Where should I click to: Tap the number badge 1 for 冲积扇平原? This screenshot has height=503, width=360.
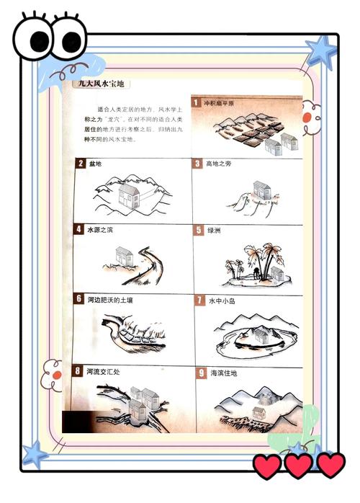(x=196, y=102)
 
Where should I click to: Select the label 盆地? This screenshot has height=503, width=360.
(x=94, y=164)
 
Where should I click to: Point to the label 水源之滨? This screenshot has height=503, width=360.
(x=101, y=231)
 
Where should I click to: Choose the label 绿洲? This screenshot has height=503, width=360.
(x=215, y=231)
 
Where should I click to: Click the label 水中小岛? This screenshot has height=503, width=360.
(x=221, y=300)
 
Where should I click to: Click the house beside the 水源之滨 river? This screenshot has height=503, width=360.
(x=124, y=254)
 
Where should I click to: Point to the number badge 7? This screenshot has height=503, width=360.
(x=199, y=300)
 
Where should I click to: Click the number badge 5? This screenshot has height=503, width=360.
(x=199, y=231)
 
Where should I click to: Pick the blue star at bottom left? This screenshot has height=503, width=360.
(x=34, y=455)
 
